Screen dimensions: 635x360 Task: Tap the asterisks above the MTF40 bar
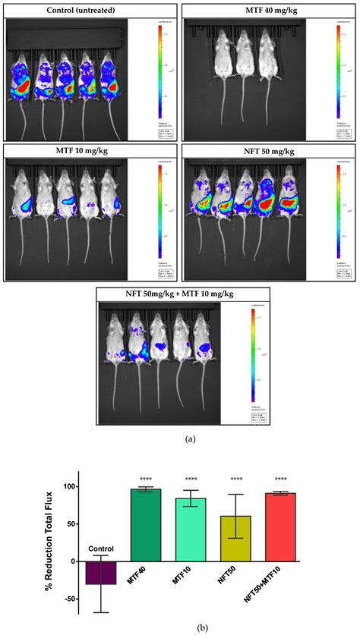pos(146,479)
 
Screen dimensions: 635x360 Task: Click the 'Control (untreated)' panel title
pos(90,9)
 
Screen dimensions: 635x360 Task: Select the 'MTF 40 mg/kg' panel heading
pos(270,9)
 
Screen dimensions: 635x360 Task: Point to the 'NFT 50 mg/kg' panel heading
pos(270,150)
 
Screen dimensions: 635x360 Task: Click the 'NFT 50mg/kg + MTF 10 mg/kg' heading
pos(180,292)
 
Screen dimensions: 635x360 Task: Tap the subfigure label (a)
pos(180,439)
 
